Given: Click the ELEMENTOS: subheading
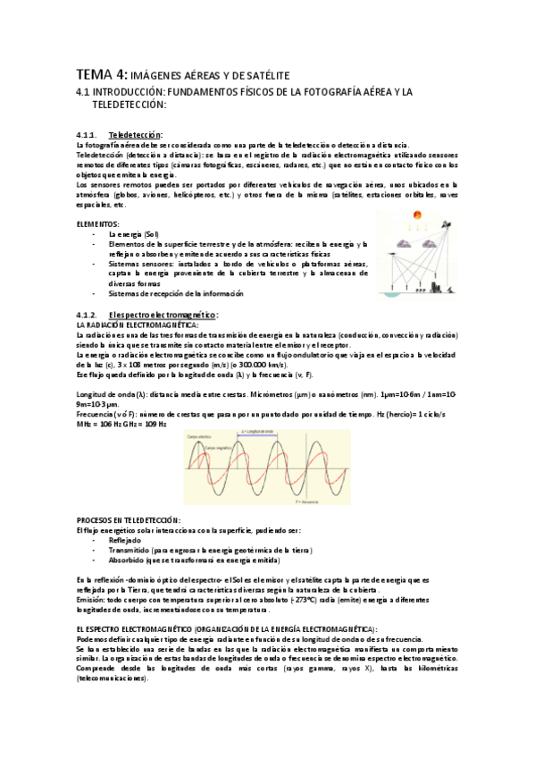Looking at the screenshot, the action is [x=98, y=223].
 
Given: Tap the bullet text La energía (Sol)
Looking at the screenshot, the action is [x=132, y=233].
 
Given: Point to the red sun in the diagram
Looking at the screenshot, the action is [x=415, y=215].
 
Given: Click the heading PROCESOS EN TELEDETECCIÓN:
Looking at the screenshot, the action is [x=129, y=519].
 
